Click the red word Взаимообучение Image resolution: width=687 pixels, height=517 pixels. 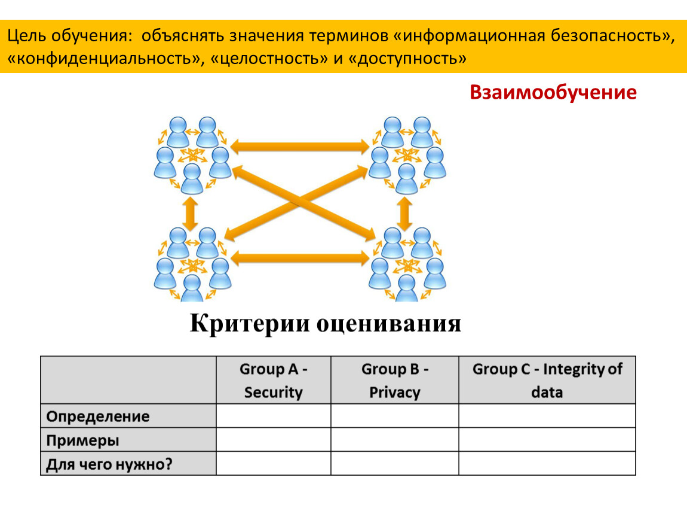[x=553, y=93]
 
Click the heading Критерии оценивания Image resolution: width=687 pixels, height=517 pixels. [x=326, y=324]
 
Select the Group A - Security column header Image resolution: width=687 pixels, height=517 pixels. [x=274, y=380]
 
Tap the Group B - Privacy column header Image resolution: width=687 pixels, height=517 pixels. [x=395, y=380]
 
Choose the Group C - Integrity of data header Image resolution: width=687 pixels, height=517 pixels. [x=547, y=380]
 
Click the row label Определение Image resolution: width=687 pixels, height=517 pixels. [x=98, y=416]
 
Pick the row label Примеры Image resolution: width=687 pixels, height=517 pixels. [x=83, y=440]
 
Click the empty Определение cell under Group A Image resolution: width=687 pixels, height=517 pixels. [x=274, y=416]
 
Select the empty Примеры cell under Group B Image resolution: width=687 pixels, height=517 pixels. [x=395, y=440]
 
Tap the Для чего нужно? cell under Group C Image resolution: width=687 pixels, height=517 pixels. [x=547, y=464]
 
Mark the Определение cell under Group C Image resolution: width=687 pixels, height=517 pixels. [x=547, y=416]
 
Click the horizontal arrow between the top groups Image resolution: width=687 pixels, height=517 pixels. [x=299, y=145]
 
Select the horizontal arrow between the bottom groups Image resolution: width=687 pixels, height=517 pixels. [x=299, y=258]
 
